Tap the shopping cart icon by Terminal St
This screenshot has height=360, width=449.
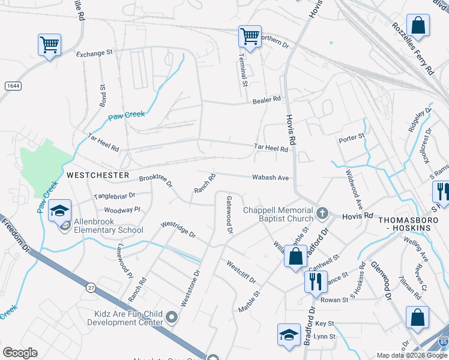(x=250, y=35)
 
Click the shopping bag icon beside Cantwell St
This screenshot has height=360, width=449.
(x=295, y=256)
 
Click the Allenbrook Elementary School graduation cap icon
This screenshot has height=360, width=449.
(x=59, y=211)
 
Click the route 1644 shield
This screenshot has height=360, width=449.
(x=12, y=86)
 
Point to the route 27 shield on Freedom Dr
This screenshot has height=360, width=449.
(x=91, y=288)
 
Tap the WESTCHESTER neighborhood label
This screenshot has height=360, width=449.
(x=98, y=175)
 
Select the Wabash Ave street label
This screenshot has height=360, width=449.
(x=271, y=178)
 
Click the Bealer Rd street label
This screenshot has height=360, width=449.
(x=267, y=99)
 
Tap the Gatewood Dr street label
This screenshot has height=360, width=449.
(x=229, y=214)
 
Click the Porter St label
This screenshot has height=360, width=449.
(x=352, y=137)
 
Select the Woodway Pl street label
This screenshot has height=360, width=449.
(x=122, y=210)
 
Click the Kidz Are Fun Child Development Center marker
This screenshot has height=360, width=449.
(x=172, y=317)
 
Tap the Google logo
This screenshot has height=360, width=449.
(x=20, y=353)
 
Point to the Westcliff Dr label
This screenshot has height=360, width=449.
(x=241, y=272)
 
